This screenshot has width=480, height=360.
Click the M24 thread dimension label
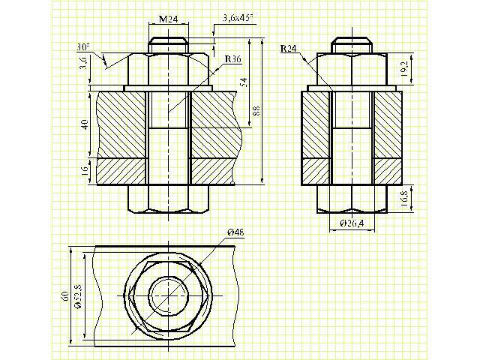click(168, 19)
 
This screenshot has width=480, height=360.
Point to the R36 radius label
click(233, 58)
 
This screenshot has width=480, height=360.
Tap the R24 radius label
click(288, 48)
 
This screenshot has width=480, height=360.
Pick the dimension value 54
click(244, 82)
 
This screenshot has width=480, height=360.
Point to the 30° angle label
click(83, 47)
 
